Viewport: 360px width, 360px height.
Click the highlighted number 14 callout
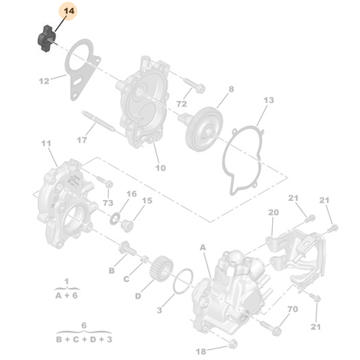pyautogui.click(x=69, y=12)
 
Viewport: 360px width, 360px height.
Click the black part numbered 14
pyautogui.click(x=46, y=37)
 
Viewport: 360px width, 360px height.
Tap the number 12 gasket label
pyautogui.click(x=43, y=81)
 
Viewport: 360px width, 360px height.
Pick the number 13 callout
pyautogui.click(x=269, y=99)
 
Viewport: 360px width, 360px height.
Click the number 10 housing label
pyautogui.click(x=160, y=168)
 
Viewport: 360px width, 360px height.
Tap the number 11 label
pyautogui.click(x=48, y=145)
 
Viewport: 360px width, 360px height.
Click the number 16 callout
pyautogui.click(x=131, y=194)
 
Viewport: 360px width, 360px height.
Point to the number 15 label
pyautogui.click(x=148, y=200)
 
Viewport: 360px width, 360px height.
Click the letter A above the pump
pyautogui.click(x=203, y=247)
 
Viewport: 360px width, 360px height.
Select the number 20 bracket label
pyautogui.click(x=273, y=212)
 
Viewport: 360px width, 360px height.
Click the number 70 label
pyautogui.click(x=292, y=310)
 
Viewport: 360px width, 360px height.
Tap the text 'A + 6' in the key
pyautogui.click(x=67, y=294)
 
